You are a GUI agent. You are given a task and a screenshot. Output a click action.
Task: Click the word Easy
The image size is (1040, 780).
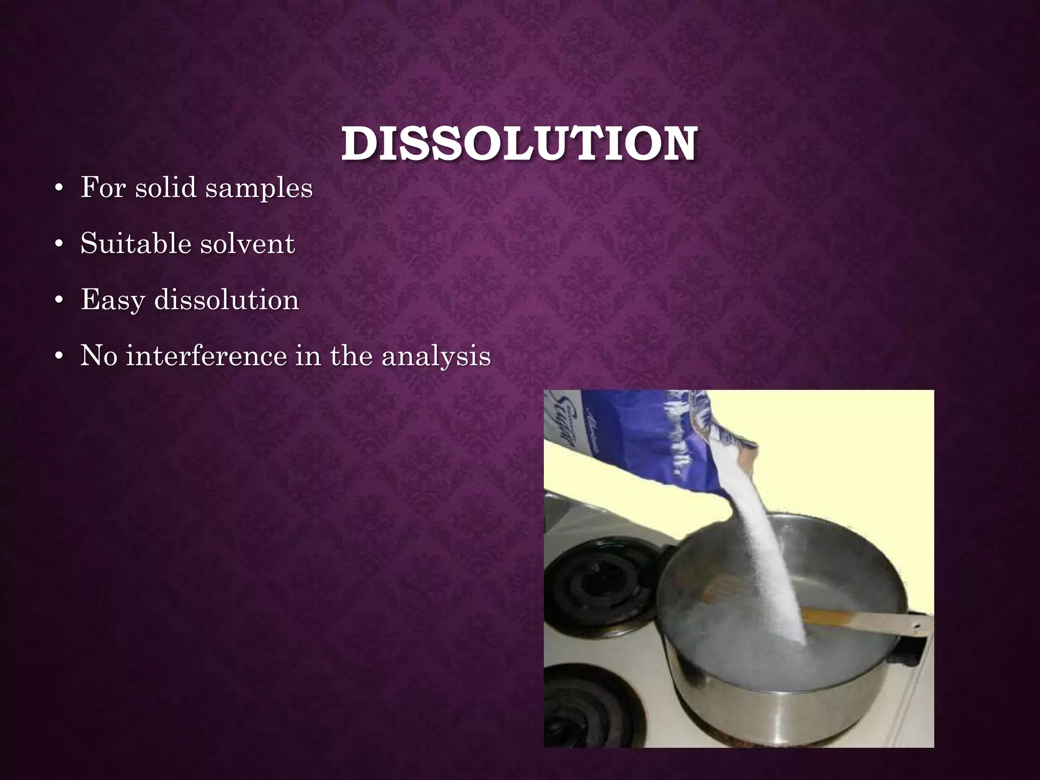pyautogui.click(x=113, y=301)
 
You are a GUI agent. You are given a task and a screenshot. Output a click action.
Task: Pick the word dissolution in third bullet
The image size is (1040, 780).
pyautogui.click(x=226, y=300)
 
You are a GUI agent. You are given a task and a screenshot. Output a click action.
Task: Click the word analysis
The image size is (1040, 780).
pyautogui.click(x=436, y=356)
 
